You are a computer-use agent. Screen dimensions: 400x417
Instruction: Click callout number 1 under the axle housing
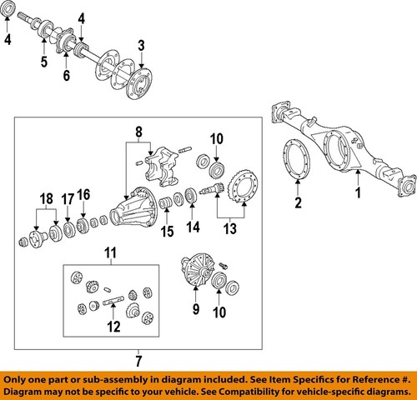pos(359,194)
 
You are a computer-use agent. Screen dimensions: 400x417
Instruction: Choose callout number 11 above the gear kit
pos(110,252)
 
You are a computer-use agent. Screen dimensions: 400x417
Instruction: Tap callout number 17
pos(68,199)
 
